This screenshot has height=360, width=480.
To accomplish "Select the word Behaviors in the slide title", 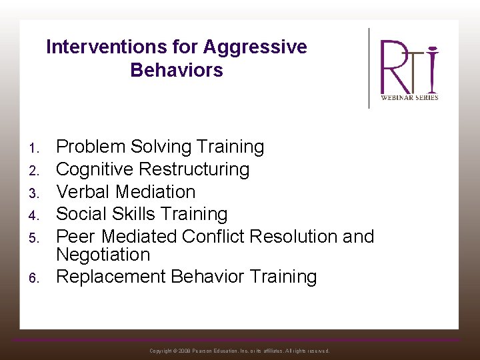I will tap(177, 70).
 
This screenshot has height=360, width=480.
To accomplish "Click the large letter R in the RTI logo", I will tap(394, 67).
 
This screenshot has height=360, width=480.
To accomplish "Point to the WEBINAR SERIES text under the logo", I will tap(409, 97).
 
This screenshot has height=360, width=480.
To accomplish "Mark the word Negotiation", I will tap(103, 255).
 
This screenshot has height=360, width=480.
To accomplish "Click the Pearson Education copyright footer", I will tap(239, 351).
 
